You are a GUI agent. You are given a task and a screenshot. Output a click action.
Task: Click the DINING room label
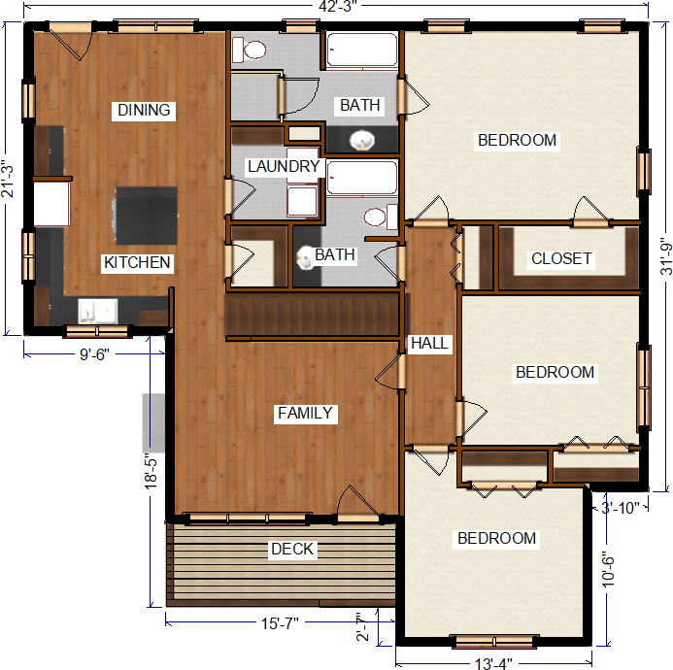144,111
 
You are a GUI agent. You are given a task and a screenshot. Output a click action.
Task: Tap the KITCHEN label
137,262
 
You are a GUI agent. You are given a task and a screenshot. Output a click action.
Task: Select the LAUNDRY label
284,167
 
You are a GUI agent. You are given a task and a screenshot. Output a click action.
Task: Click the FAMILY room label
305,413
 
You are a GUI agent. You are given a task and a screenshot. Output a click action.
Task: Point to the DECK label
292,549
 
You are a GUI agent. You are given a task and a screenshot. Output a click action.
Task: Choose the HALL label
429,344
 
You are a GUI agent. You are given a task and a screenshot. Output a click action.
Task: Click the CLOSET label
562,259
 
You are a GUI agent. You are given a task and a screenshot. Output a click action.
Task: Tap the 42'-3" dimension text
338,7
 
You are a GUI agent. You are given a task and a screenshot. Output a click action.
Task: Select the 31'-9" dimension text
665,256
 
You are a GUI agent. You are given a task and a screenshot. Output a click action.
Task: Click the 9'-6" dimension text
94,354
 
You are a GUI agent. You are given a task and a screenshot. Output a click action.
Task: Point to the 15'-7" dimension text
280,623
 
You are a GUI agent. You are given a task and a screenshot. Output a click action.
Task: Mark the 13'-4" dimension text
493,663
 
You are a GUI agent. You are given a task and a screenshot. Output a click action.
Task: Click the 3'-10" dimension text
621,508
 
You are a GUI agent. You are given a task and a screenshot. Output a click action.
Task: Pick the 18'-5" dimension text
151,471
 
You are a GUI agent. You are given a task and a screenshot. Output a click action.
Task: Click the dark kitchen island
147,216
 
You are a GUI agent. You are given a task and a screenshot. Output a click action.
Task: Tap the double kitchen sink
98,311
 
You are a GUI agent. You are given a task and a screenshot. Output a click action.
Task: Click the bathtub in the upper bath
362,50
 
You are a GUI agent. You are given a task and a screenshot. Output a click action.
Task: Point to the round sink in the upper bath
362,140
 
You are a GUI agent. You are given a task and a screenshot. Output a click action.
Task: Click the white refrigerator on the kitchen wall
51,204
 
